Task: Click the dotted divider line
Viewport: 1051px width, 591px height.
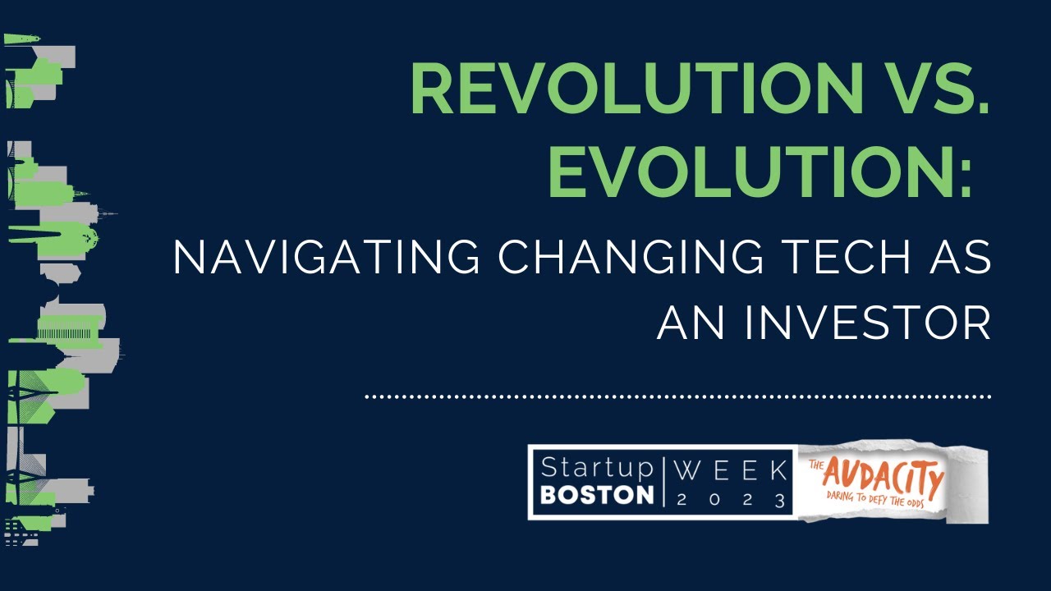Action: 678,396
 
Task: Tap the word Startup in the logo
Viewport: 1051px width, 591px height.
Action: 596,470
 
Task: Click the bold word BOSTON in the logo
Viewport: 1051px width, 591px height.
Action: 598,496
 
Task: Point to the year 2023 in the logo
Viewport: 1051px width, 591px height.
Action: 731,498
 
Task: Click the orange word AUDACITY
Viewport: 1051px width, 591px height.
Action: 883,476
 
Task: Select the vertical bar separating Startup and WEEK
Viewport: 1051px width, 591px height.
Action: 663,482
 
